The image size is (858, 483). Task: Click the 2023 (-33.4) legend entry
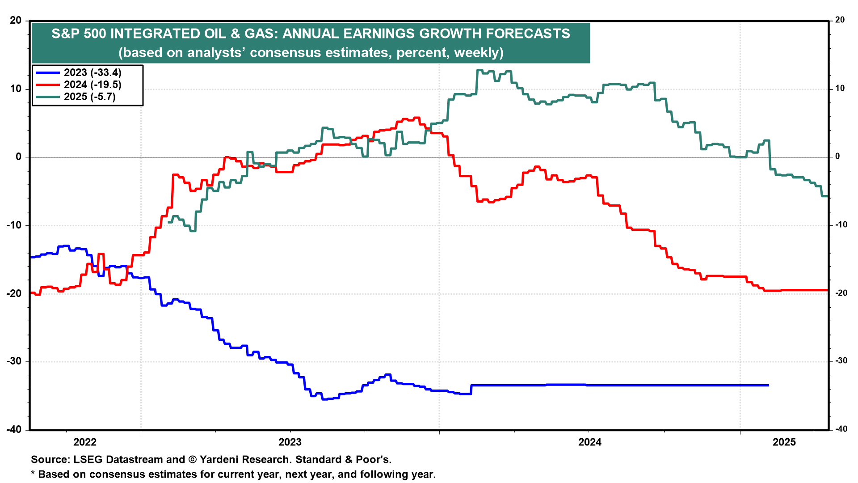[x=93, y=73]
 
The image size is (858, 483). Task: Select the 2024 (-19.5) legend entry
[x=93, y=85]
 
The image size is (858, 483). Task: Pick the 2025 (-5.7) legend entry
[x=89, y=97]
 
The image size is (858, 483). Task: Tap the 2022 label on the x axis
[x=85, y=442]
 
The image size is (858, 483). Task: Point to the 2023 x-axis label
[x=290, y=442]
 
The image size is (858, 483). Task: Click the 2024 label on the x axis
[x=590, y=442]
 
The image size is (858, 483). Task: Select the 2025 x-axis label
[x=784, y=442]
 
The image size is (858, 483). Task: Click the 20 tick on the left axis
[x=16, y=21]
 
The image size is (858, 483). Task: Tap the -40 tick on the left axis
[x=14, y=429]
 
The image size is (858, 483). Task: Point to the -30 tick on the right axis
[x=841, y=361]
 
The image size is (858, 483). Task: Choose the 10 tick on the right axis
[x=840, y=89]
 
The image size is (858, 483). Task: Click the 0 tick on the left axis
[x=19, y=157]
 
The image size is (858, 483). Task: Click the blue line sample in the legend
[x=47, y=73]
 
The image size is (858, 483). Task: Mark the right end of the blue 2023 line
[x=768, y=385]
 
